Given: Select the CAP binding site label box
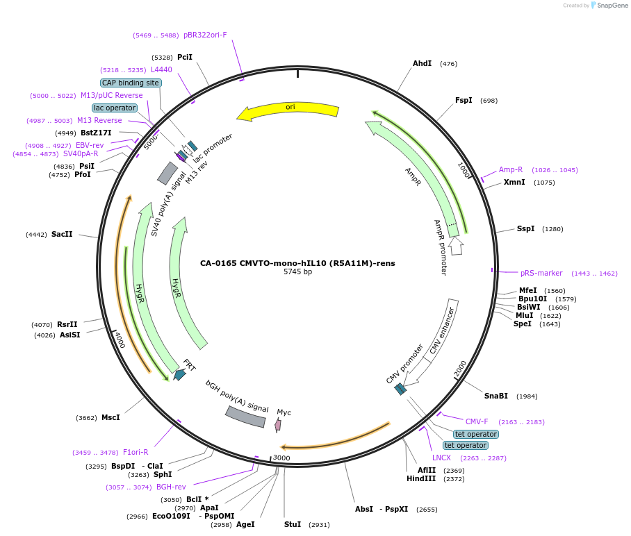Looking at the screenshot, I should [131, 83].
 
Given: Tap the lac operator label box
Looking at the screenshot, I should [114, 108].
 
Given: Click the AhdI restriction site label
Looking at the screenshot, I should [422, 64].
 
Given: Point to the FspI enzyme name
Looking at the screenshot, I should [464, 101].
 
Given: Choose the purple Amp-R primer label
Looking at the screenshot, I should [511, 169].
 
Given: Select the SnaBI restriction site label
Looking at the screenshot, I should [496, 396].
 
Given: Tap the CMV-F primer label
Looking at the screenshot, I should [477, 421].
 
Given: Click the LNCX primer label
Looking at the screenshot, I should [441, 458].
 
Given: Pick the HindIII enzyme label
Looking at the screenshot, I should [421, 479].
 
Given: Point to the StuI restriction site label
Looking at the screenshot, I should [293, 524].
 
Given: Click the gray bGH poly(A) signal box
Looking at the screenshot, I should [245, 417].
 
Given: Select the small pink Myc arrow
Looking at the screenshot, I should [278, 425].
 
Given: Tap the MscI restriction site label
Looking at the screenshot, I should [110, 418].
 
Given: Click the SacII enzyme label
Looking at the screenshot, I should [62, 235].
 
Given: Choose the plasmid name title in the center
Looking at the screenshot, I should [297, 263].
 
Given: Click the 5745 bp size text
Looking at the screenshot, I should [297, 272].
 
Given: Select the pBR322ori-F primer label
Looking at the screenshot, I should [205, 35].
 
